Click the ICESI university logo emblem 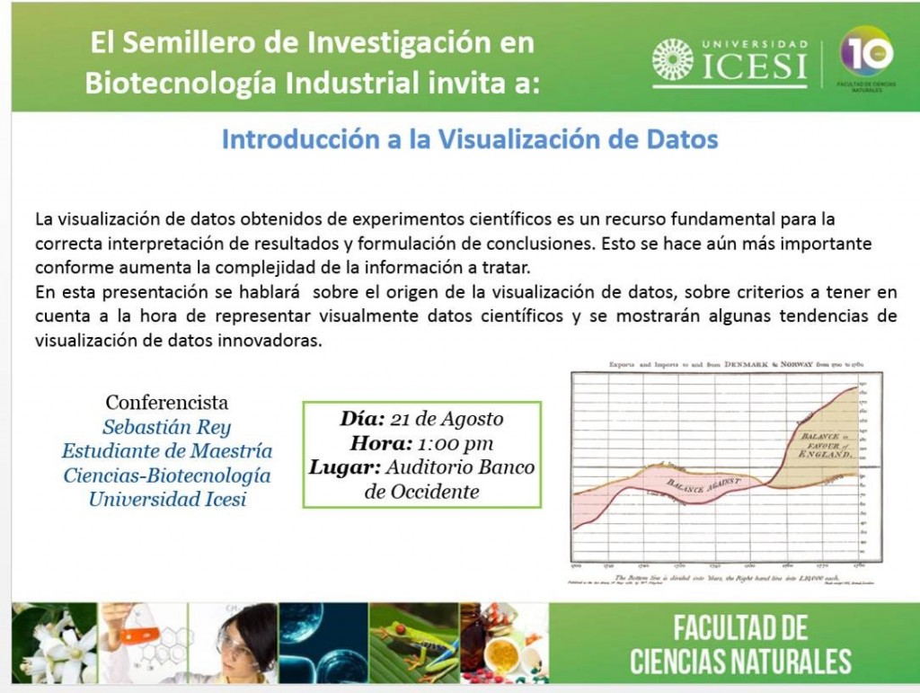(673, 60)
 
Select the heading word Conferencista (167, 402)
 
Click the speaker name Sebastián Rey (167, 427)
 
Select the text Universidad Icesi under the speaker (167, 499)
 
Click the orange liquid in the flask (139, 635)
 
